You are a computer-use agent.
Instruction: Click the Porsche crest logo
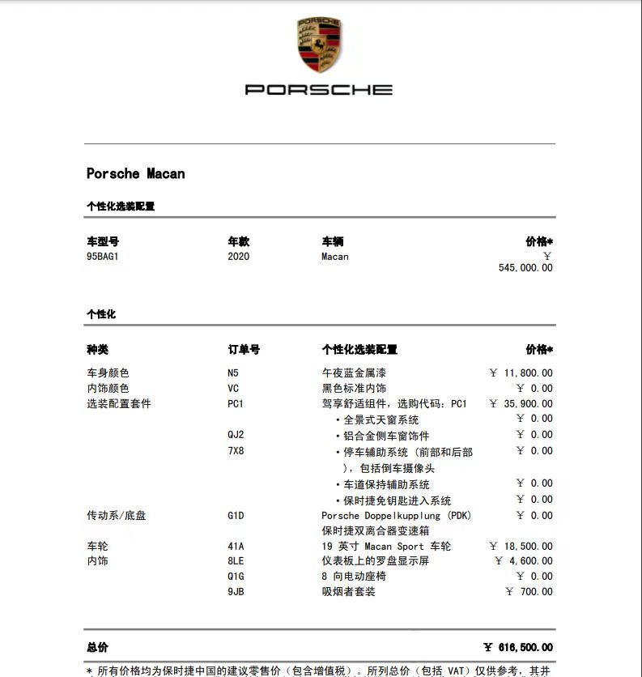(319, 45)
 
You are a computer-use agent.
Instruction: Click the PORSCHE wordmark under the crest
(319, 89)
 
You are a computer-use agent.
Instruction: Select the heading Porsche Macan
(135, 173)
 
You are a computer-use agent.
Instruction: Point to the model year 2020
(239, 257)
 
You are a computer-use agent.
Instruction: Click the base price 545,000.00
(525, 268)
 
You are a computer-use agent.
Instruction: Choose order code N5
(233, 373)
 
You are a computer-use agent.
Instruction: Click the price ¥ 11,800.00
(521, 373)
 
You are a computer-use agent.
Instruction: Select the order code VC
(233, 389)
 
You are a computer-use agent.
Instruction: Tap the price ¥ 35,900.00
(521, 404)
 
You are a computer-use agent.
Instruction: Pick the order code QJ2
(236, 435)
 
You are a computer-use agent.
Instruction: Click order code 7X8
(236, 450)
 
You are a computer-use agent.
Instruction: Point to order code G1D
(236, 515)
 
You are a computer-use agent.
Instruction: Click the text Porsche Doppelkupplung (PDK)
(396, 515)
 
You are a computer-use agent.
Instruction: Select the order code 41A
(236, 547)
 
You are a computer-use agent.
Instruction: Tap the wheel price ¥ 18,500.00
(521, 547)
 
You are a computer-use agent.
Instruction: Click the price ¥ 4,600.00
(525, 561)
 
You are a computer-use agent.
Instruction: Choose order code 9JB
(236, 592)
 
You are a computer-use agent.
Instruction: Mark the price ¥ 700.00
(529, 592)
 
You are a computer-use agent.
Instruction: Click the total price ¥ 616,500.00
(518, 648)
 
